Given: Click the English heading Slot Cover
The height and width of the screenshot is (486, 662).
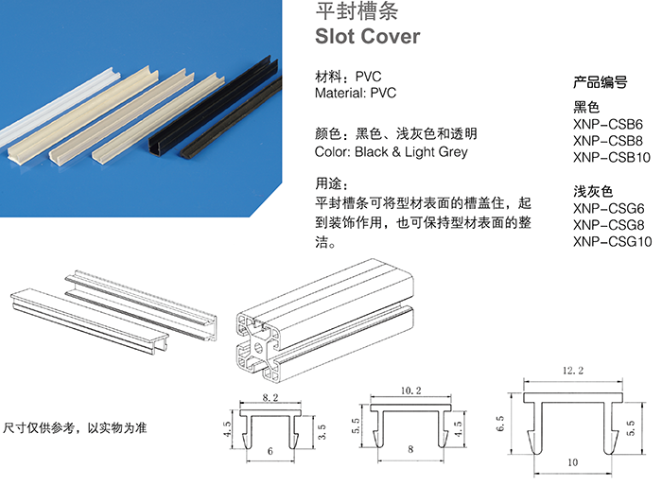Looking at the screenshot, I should click(x=366, y=37).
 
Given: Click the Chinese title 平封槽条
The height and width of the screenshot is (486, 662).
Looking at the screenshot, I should click(x=347, y=12).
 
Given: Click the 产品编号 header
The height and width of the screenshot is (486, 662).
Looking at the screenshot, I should click(x=601, y=81).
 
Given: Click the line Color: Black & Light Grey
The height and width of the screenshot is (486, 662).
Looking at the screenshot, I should click(x=391, y=151).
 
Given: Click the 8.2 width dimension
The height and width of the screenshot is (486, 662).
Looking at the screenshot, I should click(x=270, y=399).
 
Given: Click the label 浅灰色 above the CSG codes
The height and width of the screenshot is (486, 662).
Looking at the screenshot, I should click(x=593, y=191).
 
